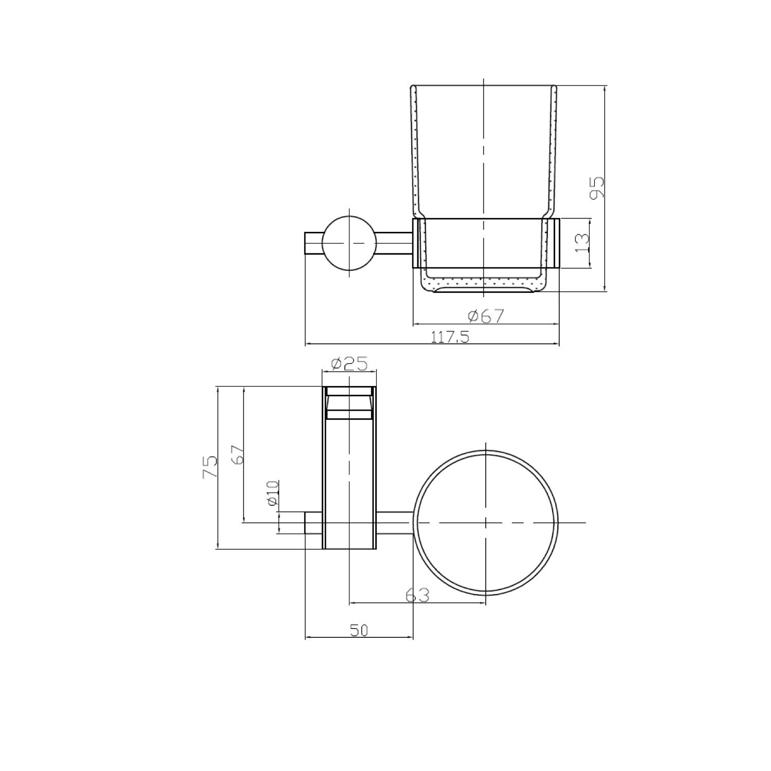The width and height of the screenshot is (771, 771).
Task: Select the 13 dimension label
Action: click(x=582, y=242)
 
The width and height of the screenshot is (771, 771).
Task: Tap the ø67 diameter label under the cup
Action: click(x=486, y=315)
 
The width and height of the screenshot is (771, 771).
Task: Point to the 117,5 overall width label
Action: click(x=450, y=337)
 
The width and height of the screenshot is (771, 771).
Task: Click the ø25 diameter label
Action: click(x=350, y=364)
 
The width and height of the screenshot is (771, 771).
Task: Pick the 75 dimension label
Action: click(x=210, y=467)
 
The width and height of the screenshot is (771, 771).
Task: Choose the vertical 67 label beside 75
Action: click(x=237, y=454)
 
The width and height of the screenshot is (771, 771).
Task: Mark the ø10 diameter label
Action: click(x=272, y=493)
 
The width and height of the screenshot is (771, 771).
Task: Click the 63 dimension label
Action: click(x=417, y=595)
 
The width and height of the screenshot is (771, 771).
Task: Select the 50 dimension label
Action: click(x=359, y=630)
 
